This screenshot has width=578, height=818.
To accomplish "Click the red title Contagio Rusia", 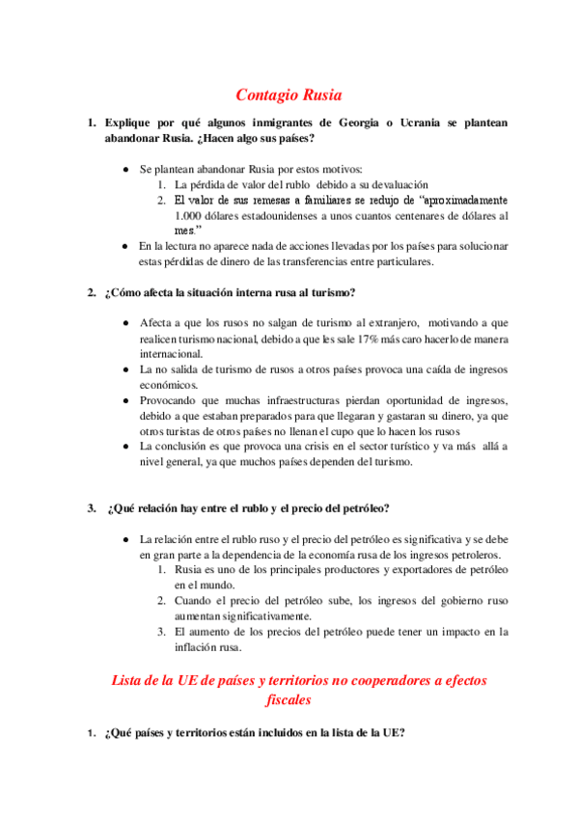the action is pos(289,95).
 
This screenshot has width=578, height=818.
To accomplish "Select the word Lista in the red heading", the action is pos(131,680).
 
